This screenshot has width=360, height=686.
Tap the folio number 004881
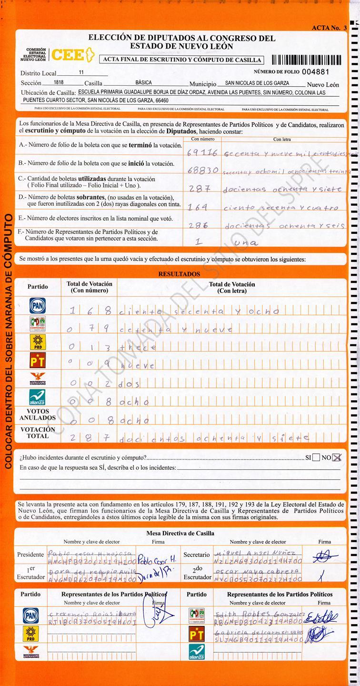tap(316, 71)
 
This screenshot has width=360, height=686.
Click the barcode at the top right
tap(306, 60)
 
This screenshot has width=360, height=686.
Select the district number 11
tap(81, 72)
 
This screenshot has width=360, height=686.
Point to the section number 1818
tap(59, 82)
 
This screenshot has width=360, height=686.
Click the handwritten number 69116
tap(202, 153)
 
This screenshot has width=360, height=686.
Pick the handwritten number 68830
tap(203, 170)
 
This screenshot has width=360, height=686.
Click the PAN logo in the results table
tap(38, 305)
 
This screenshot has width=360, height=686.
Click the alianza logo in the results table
tap(38, 396)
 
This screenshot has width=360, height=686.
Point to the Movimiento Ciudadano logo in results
tap(38, 379)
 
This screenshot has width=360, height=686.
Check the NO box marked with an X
tap(337, 458)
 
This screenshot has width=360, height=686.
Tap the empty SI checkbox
tap(316, 458)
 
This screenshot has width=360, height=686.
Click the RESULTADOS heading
tap(179, 274)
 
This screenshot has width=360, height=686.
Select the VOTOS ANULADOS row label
tap(38, 414)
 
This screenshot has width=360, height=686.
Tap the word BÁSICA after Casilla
tap(144, 82)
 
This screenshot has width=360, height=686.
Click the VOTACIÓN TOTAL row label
tap(38, 433)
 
